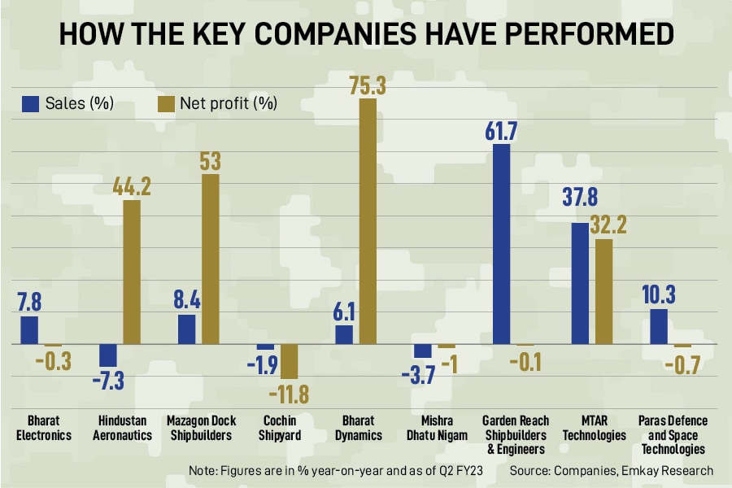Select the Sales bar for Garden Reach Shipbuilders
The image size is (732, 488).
(x=502, y=244)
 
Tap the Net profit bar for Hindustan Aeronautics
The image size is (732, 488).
(x=132, y=272)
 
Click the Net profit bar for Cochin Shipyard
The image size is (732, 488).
(x=290, y=361)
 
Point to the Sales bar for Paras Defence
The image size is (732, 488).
(x=659, y=326)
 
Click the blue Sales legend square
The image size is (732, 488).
(x=31, y=103)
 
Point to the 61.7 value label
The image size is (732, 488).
(x=502, y=130)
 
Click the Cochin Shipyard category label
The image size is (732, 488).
(x=280, y=428)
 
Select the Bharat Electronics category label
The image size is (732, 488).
(x=44, y=428)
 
